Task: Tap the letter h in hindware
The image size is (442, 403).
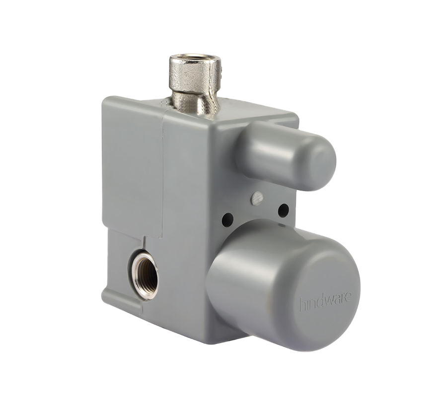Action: pyautogui.click(x=302, y=305)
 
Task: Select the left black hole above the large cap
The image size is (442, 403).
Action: pyautogui.click(x=227, y=218)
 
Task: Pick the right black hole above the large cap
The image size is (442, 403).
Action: pyautogui.click(x=283, y=210)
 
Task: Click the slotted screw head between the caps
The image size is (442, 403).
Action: pyautogui.click(x=257, y=198)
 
